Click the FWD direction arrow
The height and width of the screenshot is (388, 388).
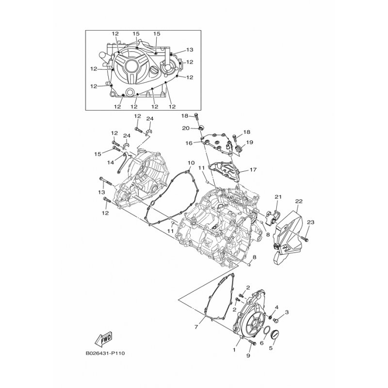pos(103,338)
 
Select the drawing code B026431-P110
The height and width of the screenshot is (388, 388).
pos(105,353)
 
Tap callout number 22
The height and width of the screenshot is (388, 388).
pos(299,201)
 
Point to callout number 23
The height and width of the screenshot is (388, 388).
pos(310,222)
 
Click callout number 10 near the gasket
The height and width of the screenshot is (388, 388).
pos(191,163)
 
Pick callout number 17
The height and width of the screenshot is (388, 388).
pos(253,170)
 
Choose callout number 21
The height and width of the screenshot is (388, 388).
pos(278,197)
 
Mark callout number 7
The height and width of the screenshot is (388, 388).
pos(196,327)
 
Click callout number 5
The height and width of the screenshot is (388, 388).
pos(271,348)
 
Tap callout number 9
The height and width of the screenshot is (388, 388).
pos(248,356)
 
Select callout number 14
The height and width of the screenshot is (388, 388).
pos(111,162)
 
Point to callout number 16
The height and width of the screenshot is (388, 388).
pos(189,143)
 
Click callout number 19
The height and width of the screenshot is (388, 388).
pos(249,142)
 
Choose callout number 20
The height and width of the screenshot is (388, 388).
pos(186,128)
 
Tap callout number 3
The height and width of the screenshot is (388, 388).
pos(287,312)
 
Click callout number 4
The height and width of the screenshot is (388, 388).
pos(276,307)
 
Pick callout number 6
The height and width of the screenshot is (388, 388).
pos(261,343)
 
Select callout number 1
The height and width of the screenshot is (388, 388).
pos(234,350)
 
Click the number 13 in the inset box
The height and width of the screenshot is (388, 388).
pos(190,50)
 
